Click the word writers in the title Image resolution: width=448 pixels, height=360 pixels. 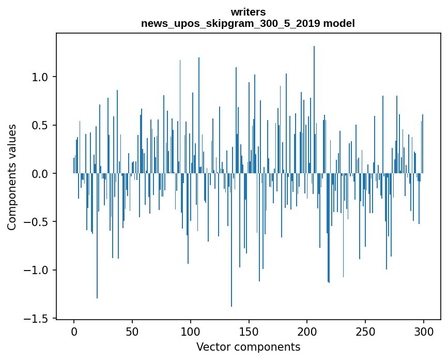click(248, 12)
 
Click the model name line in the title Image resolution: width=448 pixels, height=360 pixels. click(248, 23)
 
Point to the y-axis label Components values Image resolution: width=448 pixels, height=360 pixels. click(12, 177)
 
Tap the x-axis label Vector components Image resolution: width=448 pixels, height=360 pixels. click(248, 347)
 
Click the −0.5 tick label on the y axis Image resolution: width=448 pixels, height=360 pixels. click(37, 222)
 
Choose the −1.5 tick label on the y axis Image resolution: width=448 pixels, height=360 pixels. click(37, 319)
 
